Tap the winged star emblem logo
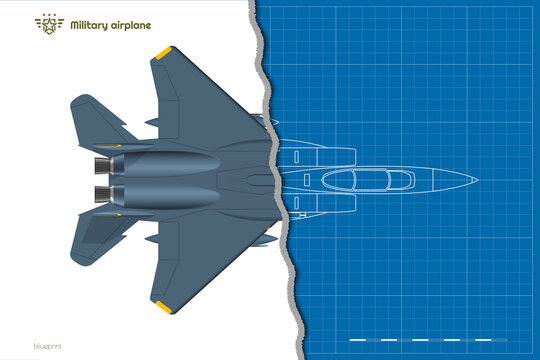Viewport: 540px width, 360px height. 47,24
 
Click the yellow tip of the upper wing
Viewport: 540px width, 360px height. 164,52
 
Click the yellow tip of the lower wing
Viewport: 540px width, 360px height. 164,307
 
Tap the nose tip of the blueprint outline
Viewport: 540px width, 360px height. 476,180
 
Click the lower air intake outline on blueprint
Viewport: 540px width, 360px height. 320,204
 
